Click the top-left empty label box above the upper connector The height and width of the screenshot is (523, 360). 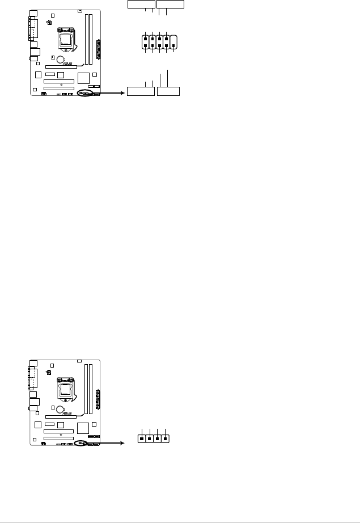click(141, 5)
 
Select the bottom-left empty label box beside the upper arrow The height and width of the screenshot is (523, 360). click(141, 91)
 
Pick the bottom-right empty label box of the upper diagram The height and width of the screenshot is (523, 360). click(168, 91)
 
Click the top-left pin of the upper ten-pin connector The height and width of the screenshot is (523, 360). click(146, 39)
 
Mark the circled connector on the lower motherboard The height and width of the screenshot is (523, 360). click(83, 443)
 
